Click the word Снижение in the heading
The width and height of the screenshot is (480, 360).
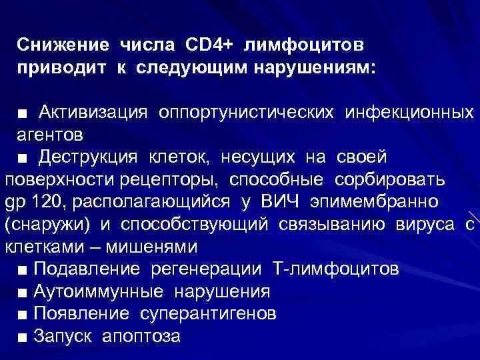coord(63,45)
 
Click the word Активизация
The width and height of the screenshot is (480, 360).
coord(92,112)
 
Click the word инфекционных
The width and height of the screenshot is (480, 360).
coord(409,112)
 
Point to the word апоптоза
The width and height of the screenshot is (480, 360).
coord(141,337)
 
